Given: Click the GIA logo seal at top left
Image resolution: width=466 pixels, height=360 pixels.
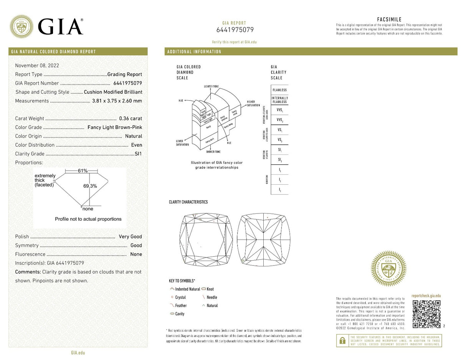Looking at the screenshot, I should [21, 26].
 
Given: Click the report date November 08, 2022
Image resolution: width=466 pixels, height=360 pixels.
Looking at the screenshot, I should [37, 66].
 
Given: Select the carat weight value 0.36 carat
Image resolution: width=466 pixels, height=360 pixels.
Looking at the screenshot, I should [131, 119].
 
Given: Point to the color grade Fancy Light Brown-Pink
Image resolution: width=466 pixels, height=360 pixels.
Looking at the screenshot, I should [115, 127].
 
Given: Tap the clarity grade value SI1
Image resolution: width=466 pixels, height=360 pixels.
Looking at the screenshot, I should [138, 154].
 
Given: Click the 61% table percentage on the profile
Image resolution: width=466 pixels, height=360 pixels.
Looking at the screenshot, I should [83, 171].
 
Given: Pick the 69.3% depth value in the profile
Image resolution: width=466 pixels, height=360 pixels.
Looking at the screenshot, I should [90, 186].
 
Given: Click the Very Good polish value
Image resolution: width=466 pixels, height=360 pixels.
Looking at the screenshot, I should [131, 237].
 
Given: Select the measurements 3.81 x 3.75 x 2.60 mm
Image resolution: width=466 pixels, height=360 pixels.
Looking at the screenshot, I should [117, 101].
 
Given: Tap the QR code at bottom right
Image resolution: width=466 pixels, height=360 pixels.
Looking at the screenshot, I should [426, 314].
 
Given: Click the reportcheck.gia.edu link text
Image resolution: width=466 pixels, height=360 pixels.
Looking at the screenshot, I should [426, 296].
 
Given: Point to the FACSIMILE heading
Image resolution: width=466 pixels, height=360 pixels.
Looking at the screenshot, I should [389, 20].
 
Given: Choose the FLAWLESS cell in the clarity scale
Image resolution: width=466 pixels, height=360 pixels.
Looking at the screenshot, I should [279, 90].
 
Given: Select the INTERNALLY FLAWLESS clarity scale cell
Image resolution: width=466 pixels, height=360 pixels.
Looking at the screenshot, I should [279, 100].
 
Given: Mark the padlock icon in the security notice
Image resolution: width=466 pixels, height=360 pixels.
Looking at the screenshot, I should [342, 340].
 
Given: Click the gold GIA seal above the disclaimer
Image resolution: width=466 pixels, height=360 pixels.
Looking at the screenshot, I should [388, 268].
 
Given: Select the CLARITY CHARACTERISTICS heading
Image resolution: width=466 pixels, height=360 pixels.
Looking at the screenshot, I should [188, 202].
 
